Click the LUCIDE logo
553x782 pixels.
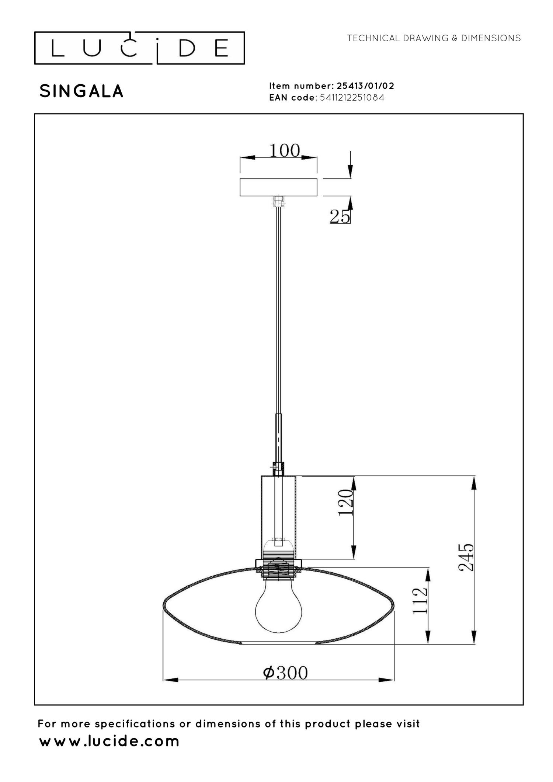139,48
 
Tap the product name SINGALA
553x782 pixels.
81,91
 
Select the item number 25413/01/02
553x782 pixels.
365,86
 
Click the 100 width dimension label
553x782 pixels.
285,150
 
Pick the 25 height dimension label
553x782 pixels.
340,216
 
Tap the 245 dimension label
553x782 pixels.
466,557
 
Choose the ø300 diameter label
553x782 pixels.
285,673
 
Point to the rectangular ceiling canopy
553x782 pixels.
278,187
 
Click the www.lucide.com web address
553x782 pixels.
109,741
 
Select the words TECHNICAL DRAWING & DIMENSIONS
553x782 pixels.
434,38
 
